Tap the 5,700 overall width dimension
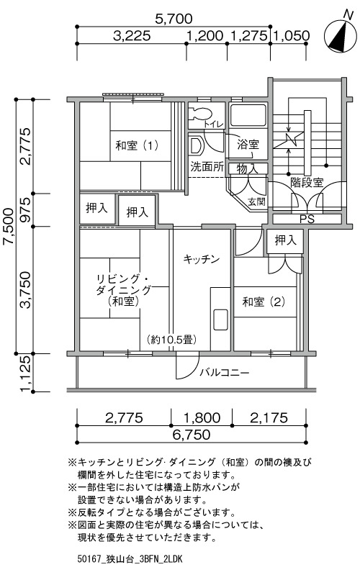(x=174, y=18)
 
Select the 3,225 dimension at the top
(x=132, y=35)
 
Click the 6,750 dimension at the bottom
(x=192, y=435)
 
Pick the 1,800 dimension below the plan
(x=202, y=417)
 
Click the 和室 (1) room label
(x=137, y=146)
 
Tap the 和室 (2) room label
(x=264, y=302)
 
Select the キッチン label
(x=202, y=260)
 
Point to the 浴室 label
(x=248, y=145)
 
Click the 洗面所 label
(x=207, y=167)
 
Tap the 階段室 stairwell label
(x=307, y=182)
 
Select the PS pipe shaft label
(x=307, y=219)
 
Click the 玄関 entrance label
(x=257, y=202)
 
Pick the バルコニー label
(x=225, y=373)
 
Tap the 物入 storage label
(x=248, y=169)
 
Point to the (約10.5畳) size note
(x=172, y=340)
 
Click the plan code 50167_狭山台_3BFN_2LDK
(x=130, y=559)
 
